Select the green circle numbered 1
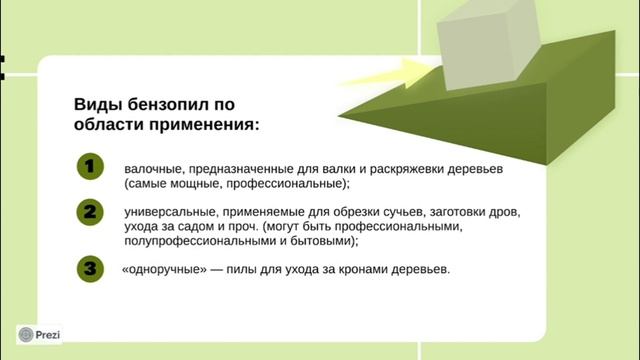(90, 168)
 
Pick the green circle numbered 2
(90, 213)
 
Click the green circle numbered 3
(90, 268)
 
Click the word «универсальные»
(169, 213)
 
